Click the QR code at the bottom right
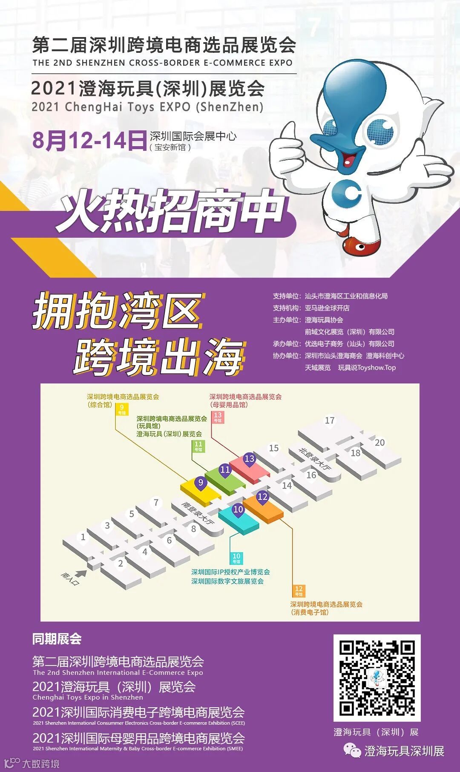(377, 678)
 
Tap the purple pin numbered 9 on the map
(201, 483)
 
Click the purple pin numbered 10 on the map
(238, 510)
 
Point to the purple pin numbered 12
(262, 497)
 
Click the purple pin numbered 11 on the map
(225, 470)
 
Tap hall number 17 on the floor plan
(330, 421)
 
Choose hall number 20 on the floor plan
(379, 443)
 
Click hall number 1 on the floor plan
(83, 537)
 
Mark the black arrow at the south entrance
(80, 573)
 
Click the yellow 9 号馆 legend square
(122, 409)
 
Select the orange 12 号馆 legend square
(299, 591)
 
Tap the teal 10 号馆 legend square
(236, 558)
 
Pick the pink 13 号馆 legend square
(218, 417)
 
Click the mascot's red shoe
(361, 246)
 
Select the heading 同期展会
(57, 639)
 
